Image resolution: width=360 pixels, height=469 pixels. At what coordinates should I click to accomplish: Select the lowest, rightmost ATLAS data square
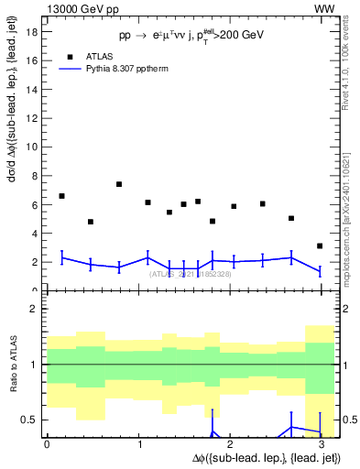tap(319, 245)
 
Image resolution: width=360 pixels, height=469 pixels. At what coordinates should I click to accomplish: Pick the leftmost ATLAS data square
tap(61, 196)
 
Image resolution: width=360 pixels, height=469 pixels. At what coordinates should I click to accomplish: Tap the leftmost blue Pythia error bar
tap(61, 258)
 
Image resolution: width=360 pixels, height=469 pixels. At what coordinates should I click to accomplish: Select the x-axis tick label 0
tap(47, 444)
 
